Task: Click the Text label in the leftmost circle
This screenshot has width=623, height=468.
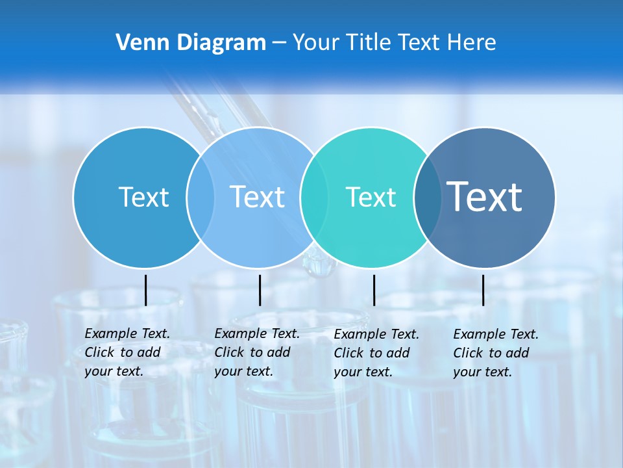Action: coord(143,197)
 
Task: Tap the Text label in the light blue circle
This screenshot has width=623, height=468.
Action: coord(257,197)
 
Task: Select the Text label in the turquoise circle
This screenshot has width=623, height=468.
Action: coord(371,197)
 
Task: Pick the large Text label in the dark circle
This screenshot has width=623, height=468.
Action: coord(484,196)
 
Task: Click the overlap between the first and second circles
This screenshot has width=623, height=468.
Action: coord(201,197)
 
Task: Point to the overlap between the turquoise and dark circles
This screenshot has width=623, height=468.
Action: coord(428,197)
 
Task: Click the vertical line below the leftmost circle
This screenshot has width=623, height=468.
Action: coord(145,290)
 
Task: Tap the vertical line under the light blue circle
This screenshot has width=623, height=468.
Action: coord(260,290)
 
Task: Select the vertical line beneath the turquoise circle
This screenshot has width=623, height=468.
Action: coord(374,290)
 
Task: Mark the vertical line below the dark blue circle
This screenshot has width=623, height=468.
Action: coord(483,290)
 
